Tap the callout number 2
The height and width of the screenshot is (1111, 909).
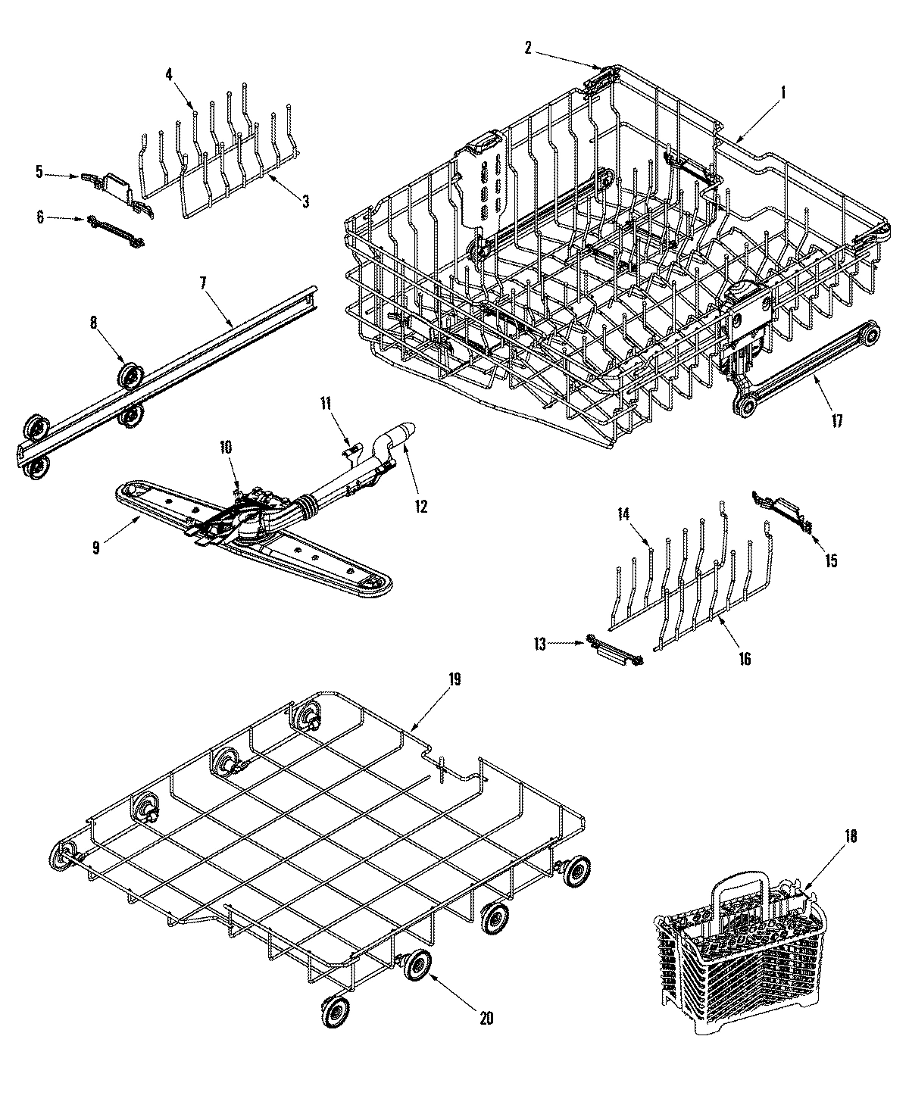(x=528, y=48)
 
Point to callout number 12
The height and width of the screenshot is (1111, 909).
(x=420, y=507)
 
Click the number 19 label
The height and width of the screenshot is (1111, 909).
(x=454, y=680)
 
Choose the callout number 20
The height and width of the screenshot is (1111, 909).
(x=486, y=1019)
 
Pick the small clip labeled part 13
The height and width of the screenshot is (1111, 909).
(x=613, y=650)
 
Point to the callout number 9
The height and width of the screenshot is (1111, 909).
(x=96, y=548)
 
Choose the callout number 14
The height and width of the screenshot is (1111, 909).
(x=623, y=514)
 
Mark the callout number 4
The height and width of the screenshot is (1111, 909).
(x=168, y=73)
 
